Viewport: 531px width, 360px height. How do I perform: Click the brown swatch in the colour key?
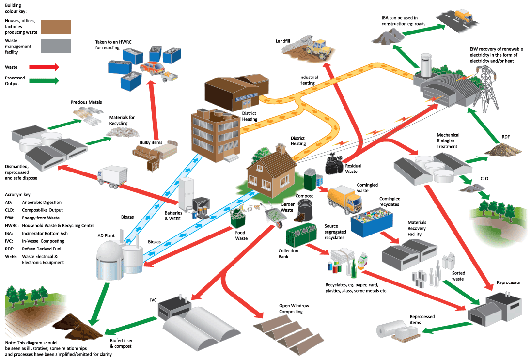[x=56, y=27]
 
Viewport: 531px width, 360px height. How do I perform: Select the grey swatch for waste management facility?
[x=56, y=46]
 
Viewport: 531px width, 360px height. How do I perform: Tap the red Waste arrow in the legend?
[x=44, y=67]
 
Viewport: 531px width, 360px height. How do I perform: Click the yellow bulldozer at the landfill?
[x=318, y=48]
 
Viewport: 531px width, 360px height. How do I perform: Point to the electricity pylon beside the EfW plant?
[x=485, y=87]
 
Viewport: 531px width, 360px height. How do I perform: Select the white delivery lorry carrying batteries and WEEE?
[x=112, y=177]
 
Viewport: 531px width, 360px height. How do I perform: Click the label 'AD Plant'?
[x=106, y=235]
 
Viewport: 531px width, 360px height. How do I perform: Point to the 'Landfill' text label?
[x=283, y=41]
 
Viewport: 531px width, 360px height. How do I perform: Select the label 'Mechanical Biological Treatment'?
[x=448, y=141]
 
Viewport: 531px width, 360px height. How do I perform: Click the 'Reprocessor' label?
[x=509, y=282]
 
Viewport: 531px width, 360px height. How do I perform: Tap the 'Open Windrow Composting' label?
[x=294, y=309]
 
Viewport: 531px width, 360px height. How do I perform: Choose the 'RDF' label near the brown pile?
[x=506, y=137]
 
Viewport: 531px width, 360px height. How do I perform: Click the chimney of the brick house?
[x=281, y=148]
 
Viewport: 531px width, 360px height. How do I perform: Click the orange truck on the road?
[x=463, y=15]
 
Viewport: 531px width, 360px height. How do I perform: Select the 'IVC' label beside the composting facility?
[x=154, y=300]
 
